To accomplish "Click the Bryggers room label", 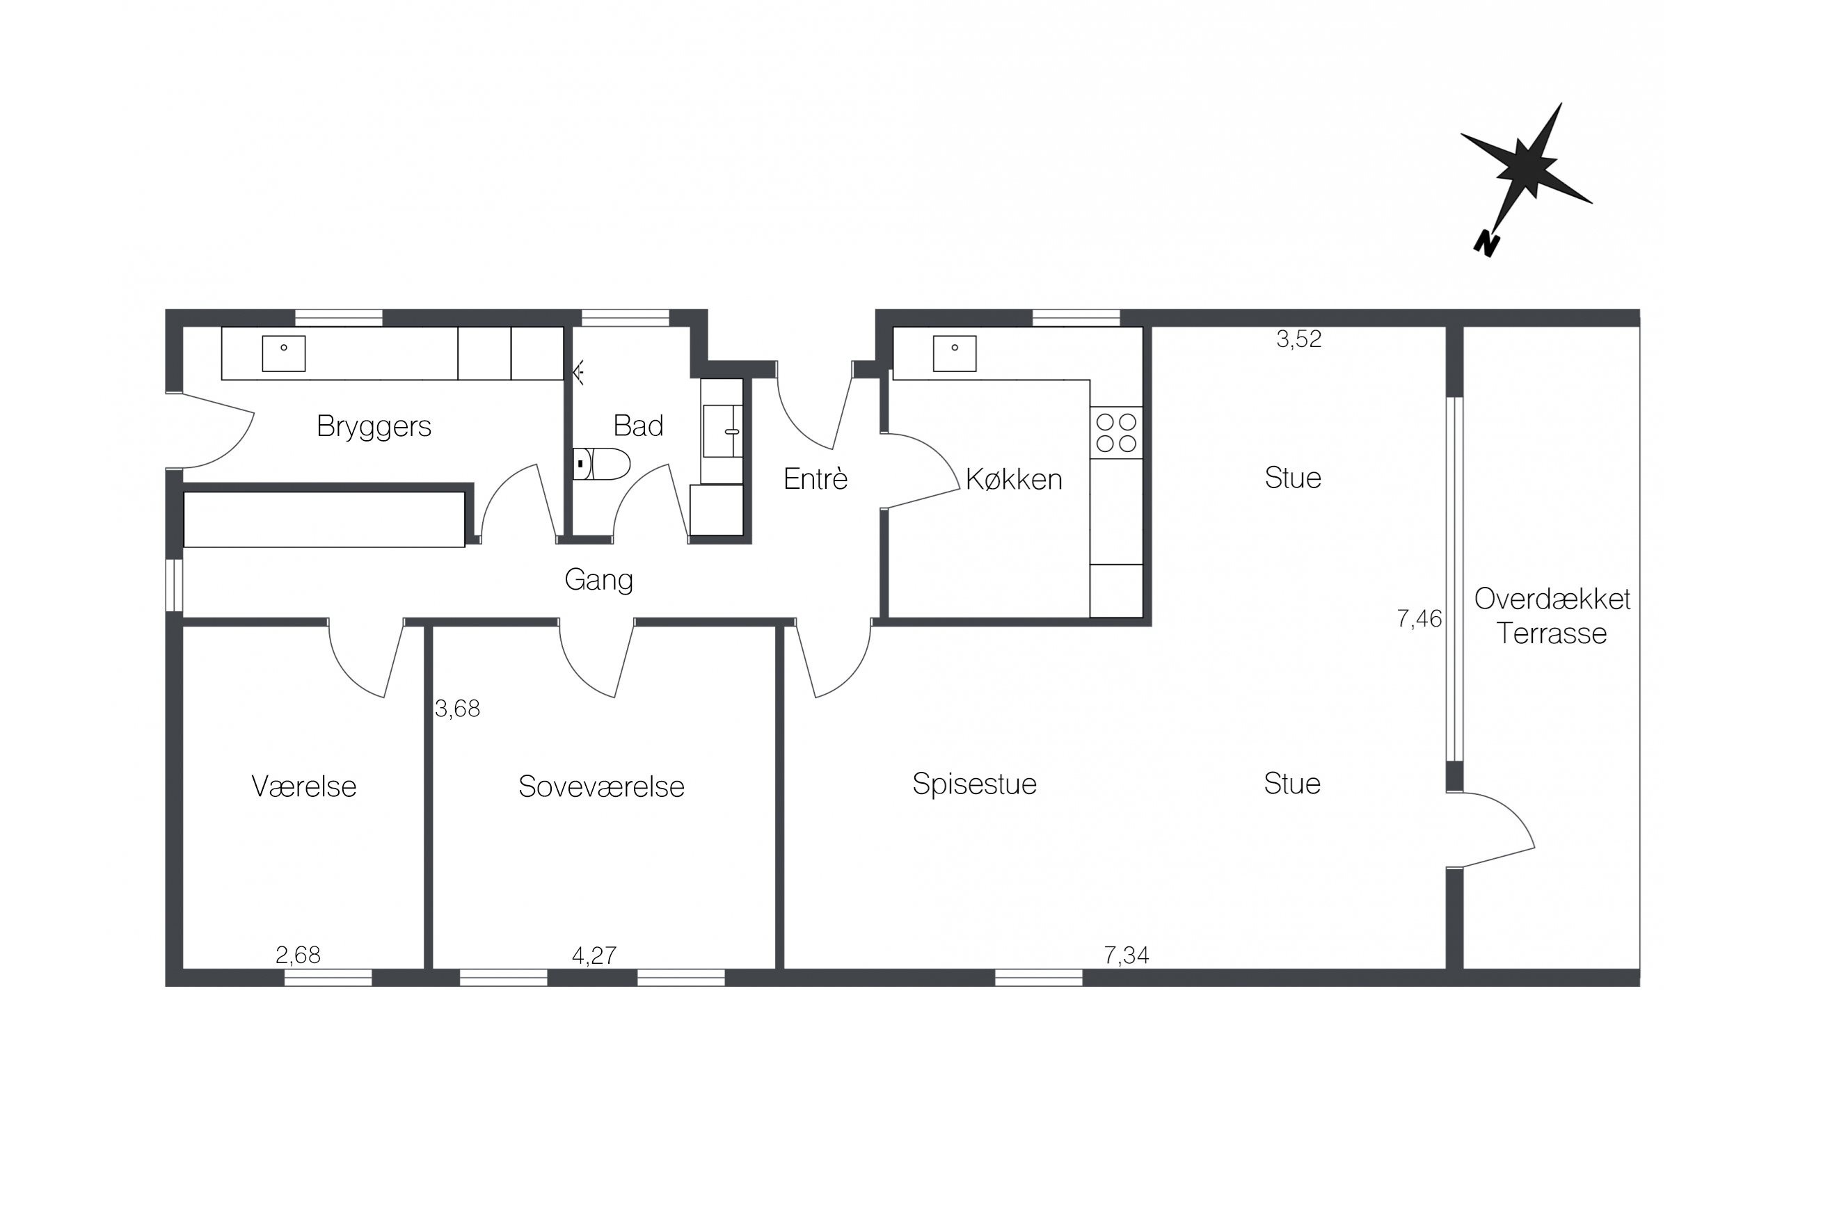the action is (x=374, y=427).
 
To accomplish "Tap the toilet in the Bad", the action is (x=601, y=463).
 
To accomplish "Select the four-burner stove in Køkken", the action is (x=1116, y=433).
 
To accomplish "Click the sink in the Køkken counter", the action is (x=954, y=354).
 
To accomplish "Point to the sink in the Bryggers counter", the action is (x=283, y=354).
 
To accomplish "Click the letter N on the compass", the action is (x=1486, y=244).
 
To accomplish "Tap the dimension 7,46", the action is (x=1419, y=619).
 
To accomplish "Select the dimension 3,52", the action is (x=1299, y=339).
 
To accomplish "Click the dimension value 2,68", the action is (x=298, y=955).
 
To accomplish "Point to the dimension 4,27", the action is (x=594, y=955).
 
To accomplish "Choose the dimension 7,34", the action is (x=1126, y=955).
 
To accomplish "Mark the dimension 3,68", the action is (x=457, y=708).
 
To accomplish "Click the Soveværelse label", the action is (x=601, y=786).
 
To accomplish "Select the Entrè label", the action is (x=815, y=479).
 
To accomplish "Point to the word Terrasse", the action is (x=1552, y=633).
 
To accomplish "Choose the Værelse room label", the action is (x=304, y=786).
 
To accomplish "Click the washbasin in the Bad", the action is (x=722, y=430).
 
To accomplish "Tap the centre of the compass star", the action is (x=1525, y=166).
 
